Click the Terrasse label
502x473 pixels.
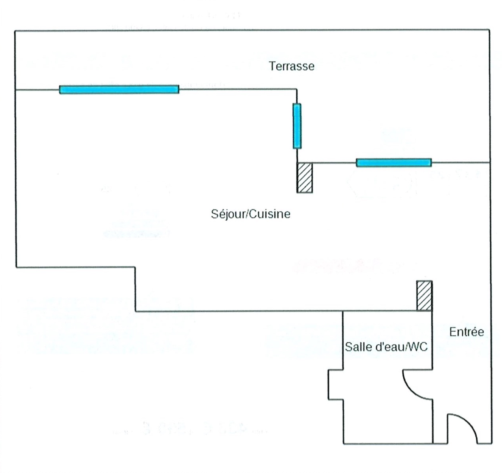tap(291, 66)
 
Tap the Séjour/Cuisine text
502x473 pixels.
tap(250, 214)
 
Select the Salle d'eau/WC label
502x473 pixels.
tap(386, 347)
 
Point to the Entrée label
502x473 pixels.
tap(466, 332)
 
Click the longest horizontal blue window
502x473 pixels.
tap(119, 89)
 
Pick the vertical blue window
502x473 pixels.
tap(297, 126)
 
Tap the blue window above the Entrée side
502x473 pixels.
tap(393, 163)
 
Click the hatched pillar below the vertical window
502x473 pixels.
tap(304, 178)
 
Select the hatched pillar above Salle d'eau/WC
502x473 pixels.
tap(424, 295)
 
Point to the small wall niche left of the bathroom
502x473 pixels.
tap(335, 384)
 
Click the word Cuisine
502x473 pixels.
tap(270, 214)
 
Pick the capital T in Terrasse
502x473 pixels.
tap(272, 66)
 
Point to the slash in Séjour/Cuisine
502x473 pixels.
tap(248, 214)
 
